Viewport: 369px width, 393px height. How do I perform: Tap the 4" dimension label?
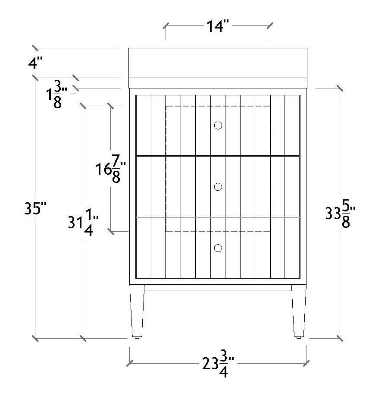pyautogui.click(x=36, y=63)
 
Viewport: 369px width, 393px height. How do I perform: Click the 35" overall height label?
pyautogui.click(x=34, y=209)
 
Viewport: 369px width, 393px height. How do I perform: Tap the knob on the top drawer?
pyautogui.click(x=218, y=126)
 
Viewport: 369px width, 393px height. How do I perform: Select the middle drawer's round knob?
pyautogui.click(x=218, y=187)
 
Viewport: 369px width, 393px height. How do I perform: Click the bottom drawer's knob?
pyautogui.click(x=218, y=248)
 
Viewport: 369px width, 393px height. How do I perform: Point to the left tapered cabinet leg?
pyautogui.click(x=137, y=311)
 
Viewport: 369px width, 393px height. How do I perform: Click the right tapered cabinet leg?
pyautogui.click(x=298, y=311)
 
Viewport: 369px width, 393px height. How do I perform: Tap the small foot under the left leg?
pyautogui.click(x=137, y=338)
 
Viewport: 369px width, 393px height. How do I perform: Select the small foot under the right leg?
pyautogui.click(x=298, y=338)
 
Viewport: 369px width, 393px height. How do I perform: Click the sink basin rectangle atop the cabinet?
pyautogui.click(x=218, y=63)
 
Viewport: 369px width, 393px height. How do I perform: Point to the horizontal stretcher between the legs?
pyautogui.click(x=218, y=287)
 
